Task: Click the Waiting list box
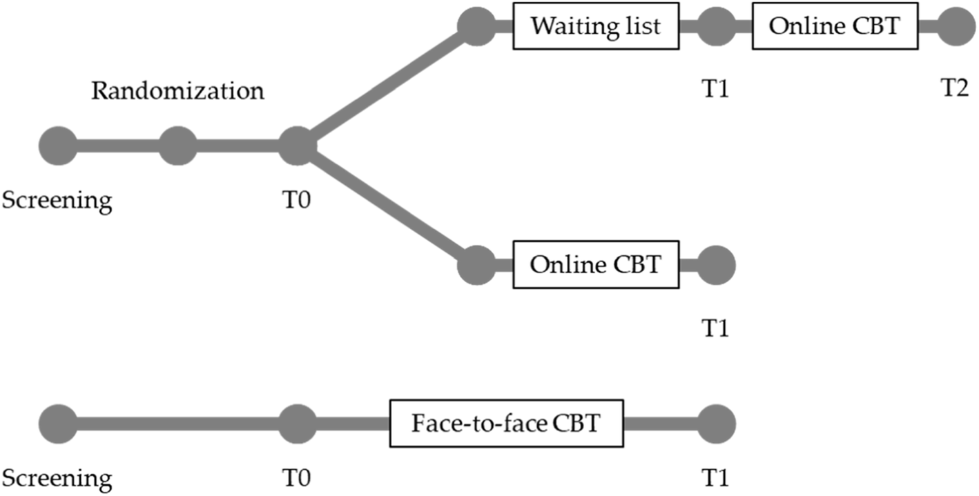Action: click(596, 27)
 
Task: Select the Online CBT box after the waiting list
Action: click(835, 27)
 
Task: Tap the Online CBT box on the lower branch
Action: click(596, 264)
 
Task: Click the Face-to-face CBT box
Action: click(507, 423)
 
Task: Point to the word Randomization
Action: click(177, 91)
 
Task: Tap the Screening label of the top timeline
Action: click(57, 201)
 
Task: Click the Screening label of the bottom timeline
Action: click(57, 477)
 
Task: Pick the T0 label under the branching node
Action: click(297, 201)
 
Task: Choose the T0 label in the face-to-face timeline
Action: click(297, 477)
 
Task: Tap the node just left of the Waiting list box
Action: click(476, 27)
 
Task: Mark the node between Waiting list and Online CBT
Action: click(716, 27)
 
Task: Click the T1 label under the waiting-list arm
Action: click(716, 91)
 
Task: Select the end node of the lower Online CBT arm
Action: click(716, 264)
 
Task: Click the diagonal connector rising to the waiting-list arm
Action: click(387, 87)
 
